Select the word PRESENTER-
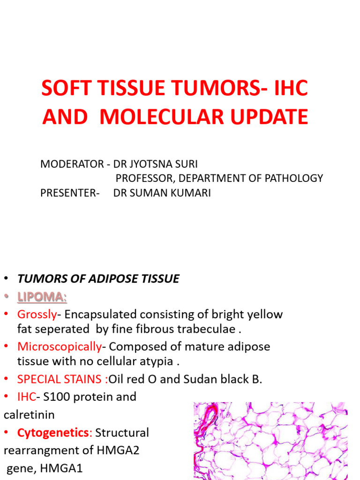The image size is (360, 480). click(70, 193)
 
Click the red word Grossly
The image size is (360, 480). click(37, 314)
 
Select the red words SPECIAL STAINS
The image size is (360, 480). click(61, 379)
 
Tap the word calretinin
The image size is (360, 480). click(29, 414)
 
